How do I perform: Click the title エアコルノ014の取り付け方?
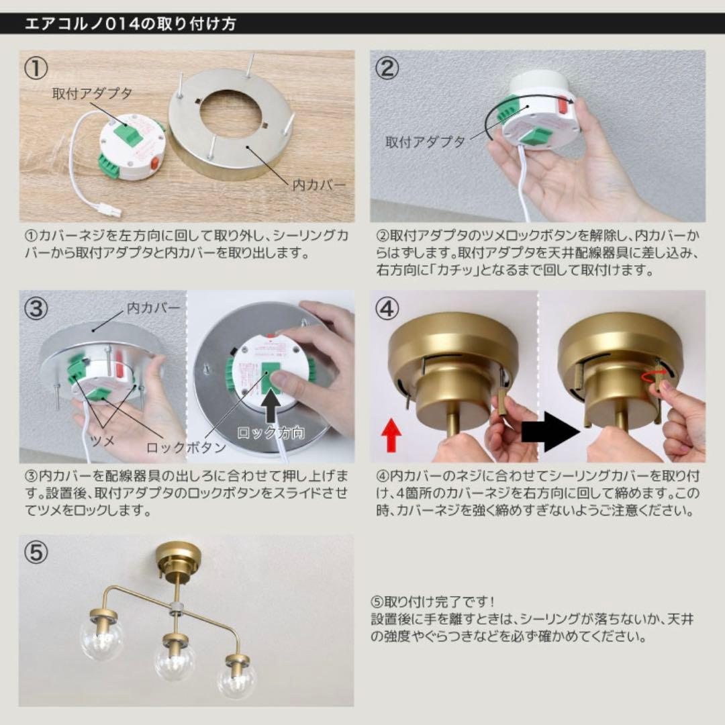[x=130, y=24]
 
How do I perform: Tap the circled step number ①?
[x=36, y=69]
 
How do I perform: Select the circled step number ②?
[x=387, y=69]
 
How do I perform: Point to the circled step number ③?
[x=36, y=309]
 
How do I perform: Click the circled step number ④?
[x=387, y=309]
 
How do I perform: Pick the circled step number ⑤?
[x=36, y=552]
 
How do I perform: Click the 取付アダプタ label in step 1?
[x=93, y=93]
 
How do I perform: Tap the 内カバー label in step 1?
[x=319, y=184]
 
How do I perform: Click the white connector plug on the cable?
[x=109, y=210]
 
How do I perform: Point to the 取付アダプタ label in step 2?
[x=425, y=142]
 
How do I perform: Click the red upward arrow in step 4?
[x=391, y=435]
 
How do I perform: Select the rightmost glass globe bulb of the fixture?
[x=237, y=680]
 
